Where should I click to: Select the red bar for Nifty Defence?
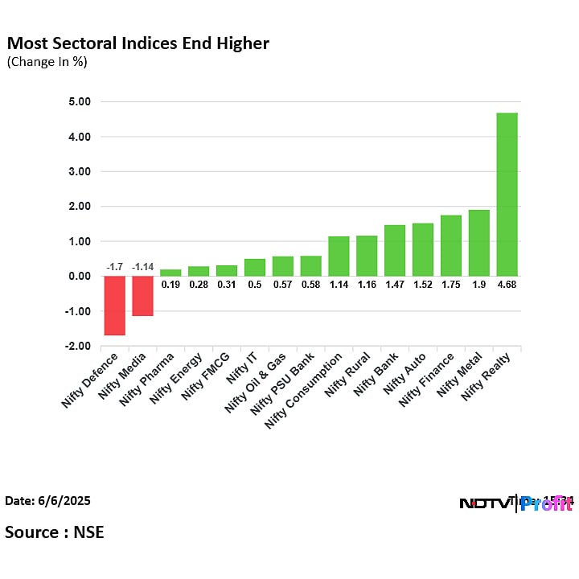coord(114,306)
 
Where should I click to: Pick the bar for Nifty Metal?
coord(478,243)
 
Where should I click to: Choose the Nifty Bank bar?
coord(394,251)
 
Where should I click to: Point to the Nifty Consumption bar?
coord(339,257)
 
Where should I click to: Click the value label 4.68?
coord(507,284)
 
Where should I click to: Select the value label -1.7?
coord(114,267)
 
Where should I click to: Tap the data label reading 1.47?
coord(394,284)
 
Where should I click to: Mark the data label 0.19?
coord(170,284)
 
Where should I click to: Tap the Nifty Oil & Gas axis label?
coord(253,384)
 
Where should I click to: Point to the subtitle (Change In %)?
coord(47,61)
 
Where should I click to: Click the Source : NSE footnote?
coord(55,532)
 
